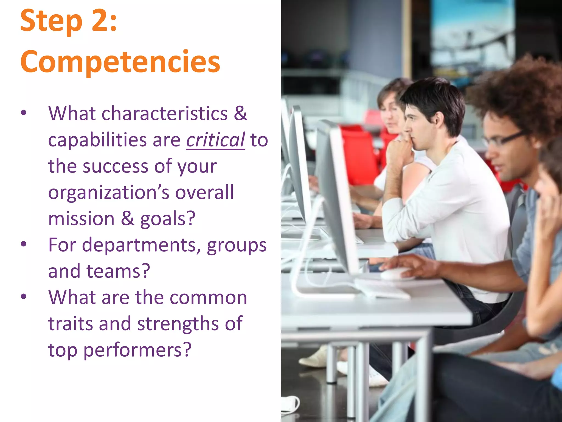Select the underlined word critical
[x=215, y=140]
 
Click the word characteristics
[x=165, y=113]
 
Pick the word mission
[x=81, y=219]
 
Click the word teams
[x=118, y=271]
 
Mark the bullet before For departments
[x=24, y=244]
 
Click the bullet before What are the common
[x=24, y=296]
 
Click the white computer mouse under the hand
[x=395, y=274]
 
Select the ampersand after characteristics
[x=240, y=113]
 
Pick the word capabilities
[x=97, y=140]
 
